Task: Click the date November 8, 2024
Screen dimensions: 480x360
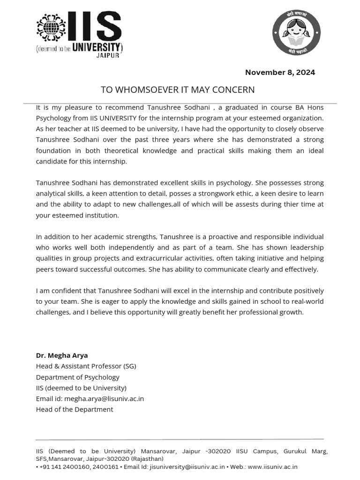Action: coord(280,72)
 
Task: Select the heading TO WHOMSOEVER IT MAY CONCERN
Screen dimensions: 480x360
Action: coord(178,90)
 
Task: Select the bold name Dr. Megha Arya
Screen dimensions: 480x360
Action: coord(62,355)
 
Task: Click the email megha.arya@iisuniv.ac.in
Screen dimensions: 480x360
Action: coord(104,398)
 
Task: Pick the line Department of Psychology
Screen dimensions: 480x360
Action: coord(78,377)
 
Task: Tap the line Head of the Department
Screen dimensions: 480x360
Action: coord(75,409)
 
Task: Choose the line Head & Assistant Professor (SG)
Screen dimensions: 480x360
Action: coord(86,366)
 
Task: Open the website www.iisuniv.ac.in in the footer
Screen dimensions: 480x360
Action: coord(272,466)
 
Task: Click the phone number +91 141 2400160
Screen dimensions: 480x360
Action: coord(60,466)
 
